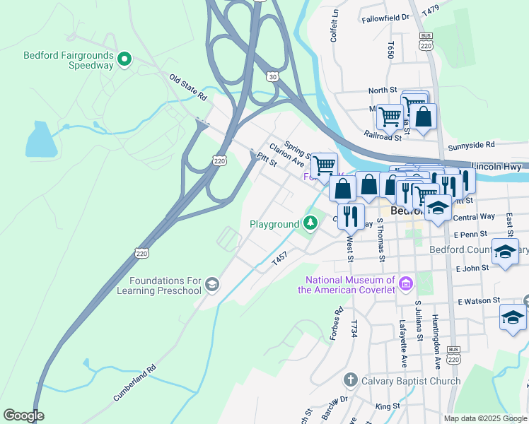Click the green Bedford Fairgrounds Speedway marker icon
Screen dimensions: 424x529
coord(124,59)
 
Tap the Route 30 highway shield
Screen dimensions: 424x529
coord(272,76)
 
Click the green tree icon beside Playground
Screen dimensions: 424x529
coord(310,224)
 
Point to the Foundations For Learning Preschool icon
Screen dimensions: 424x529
coord(211,285)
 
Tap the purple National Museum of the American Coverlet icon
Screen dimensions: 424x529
coord(405,284)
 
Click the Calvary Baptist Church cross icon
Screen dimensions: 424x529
coord(349,381)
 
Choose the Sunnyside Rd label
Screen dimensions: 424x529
coord(471,145)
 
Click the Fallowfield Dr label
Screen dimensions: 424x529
coord(385,18)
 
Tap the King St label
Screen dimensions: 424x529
coord(388,406)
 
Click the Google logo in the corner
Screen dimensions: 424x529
coord(23,416)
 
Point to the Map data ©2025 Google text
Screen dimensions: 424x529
coord(484,418)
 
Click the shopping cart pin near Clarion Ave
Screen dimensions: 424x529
coord(324,165)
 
